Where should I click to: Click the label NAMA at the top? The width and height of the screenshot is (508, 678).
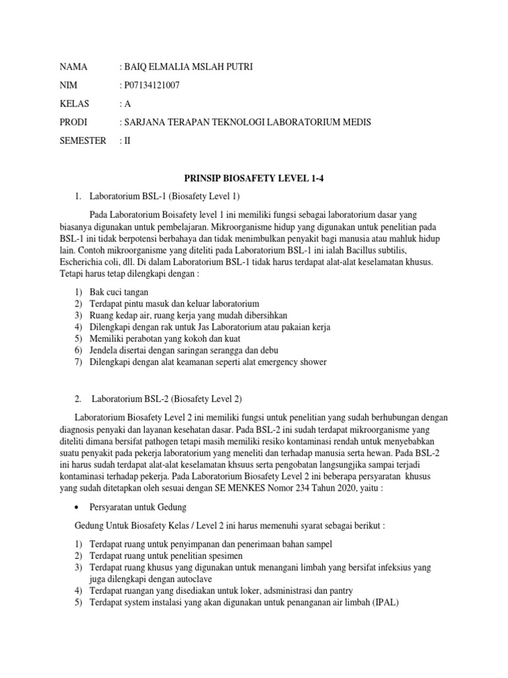(x=73, y=67)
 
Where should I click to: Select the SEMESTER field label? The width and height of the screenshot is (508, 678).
(x=83, y=141)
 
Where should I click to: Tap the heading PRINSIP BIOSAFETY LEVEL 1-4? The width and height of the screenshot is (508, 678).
(x=255, y=178)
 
